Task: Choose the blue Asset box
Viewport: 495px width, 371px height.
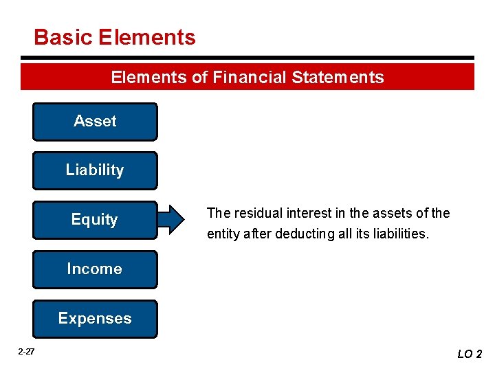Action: tap(95, 122)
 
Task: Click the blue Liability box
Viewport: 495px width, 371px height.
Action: tap(95, 170)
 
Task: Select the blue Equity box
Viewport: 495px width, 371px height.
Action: tap(95, 220)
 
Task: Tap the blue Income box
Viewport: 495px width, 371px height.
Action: tap(95, 269)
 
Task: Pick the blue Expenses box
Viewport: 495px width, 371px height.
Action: tap(95, 319)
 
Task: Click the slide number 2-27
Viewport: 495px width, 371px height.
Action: tap(27, 352)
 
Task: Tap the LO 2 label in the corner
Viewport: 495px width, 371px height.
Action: tap(470, 354)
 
